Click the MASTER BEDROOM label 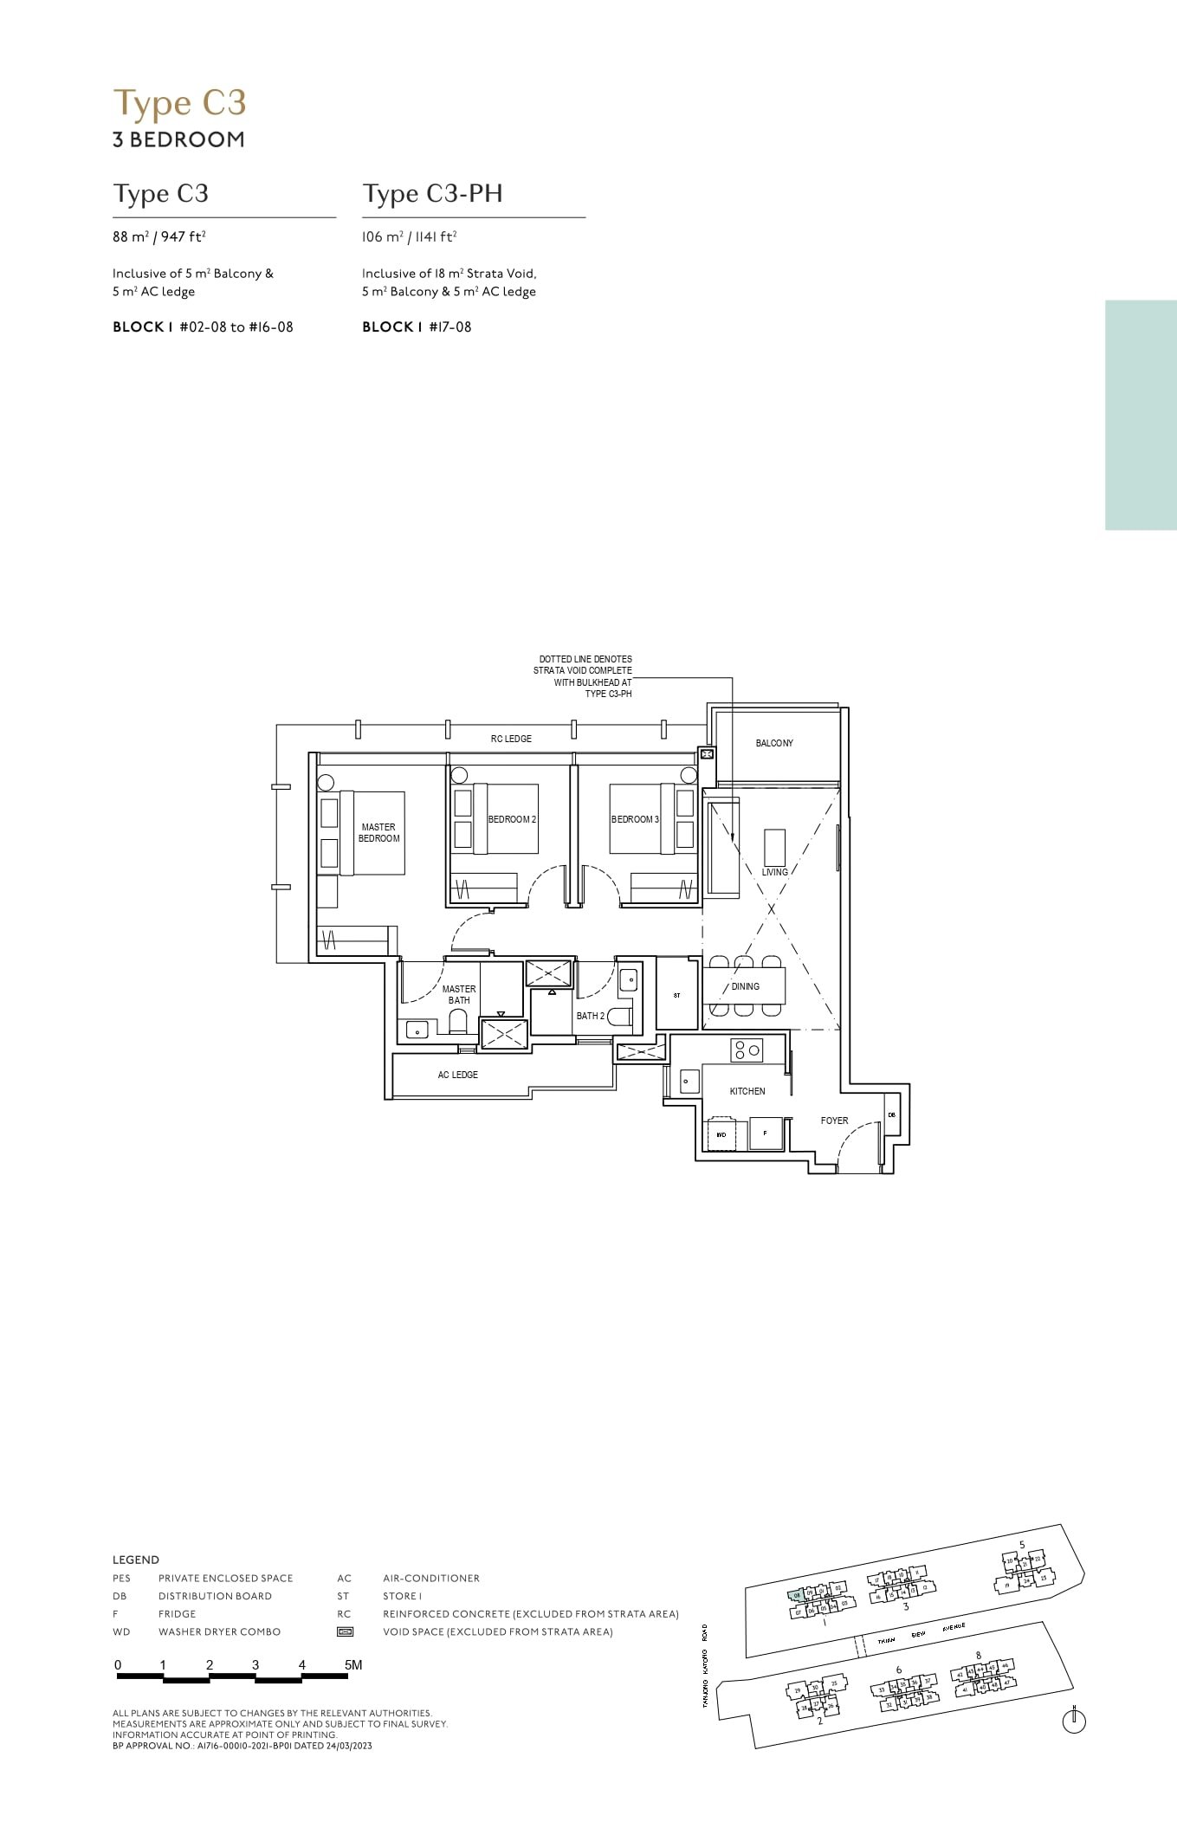[378, 832]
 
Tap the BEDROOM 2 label [511, 819]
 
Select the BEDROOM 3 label [635, 819]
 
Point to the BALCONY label [773, 743]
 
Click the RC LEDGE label [511, 739]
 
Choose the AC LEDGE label [457, 1075]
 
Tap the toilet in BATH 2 [619, 1017]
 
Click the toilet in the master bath [458, 1024]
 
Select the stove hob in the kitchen [747, 1050]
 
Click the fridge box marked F [765, 1134]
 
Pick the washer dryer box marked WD [721, 1134]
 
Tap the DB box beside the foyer [891, 1115]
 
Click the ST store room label [676, 995]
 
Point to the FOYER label [834, 1121]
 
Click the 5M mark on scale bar [352, 1664]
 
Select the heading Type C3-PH [432, 193]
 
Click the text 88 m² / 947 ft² [158, 236]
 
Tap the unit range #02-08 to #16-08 [236, 326]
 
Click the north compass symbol [1073, 1721]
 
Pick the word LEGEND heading [136, 1560]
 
